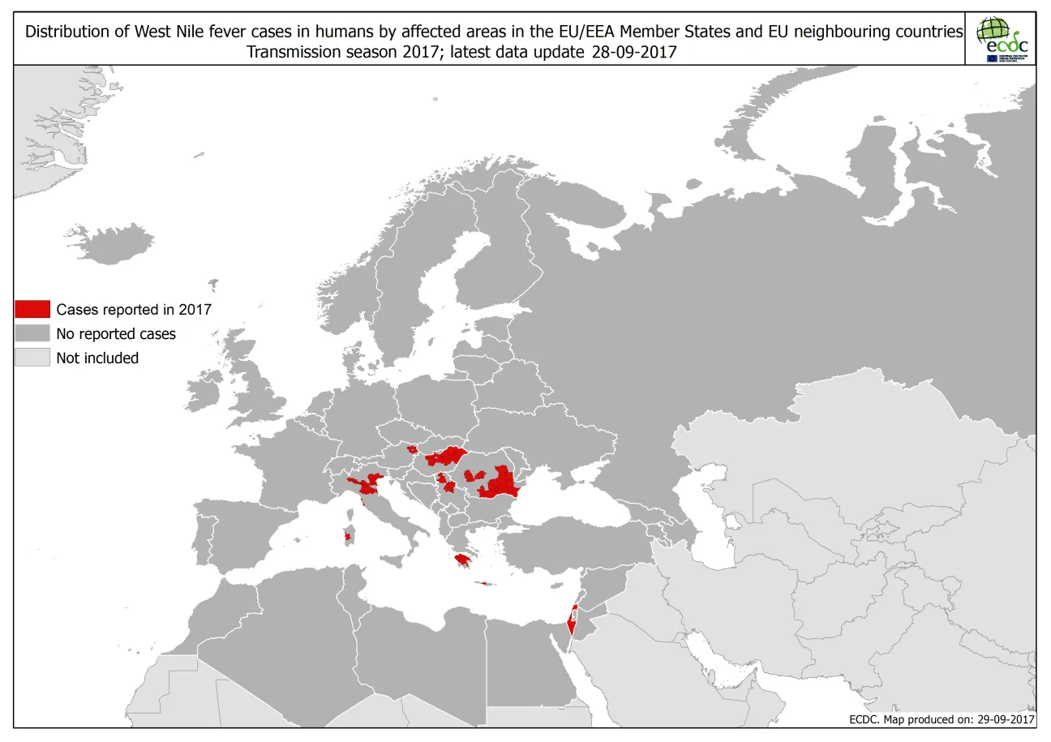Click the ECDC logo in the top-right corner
coord(1002,39)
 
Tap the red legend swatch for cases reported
coord(32,309)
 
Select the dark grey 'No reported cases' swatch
coord(32,333)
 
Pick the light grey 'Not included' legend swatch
coord(32,358)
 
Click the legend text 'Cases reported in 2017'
coord(134,309)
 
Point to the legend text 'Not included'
coord(97,358)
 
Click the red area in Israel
coord(573,623)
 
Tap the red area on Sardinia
coord(348,536)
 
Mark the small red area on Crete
coord(485,582)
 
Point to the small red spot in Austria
coord(412,448)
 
